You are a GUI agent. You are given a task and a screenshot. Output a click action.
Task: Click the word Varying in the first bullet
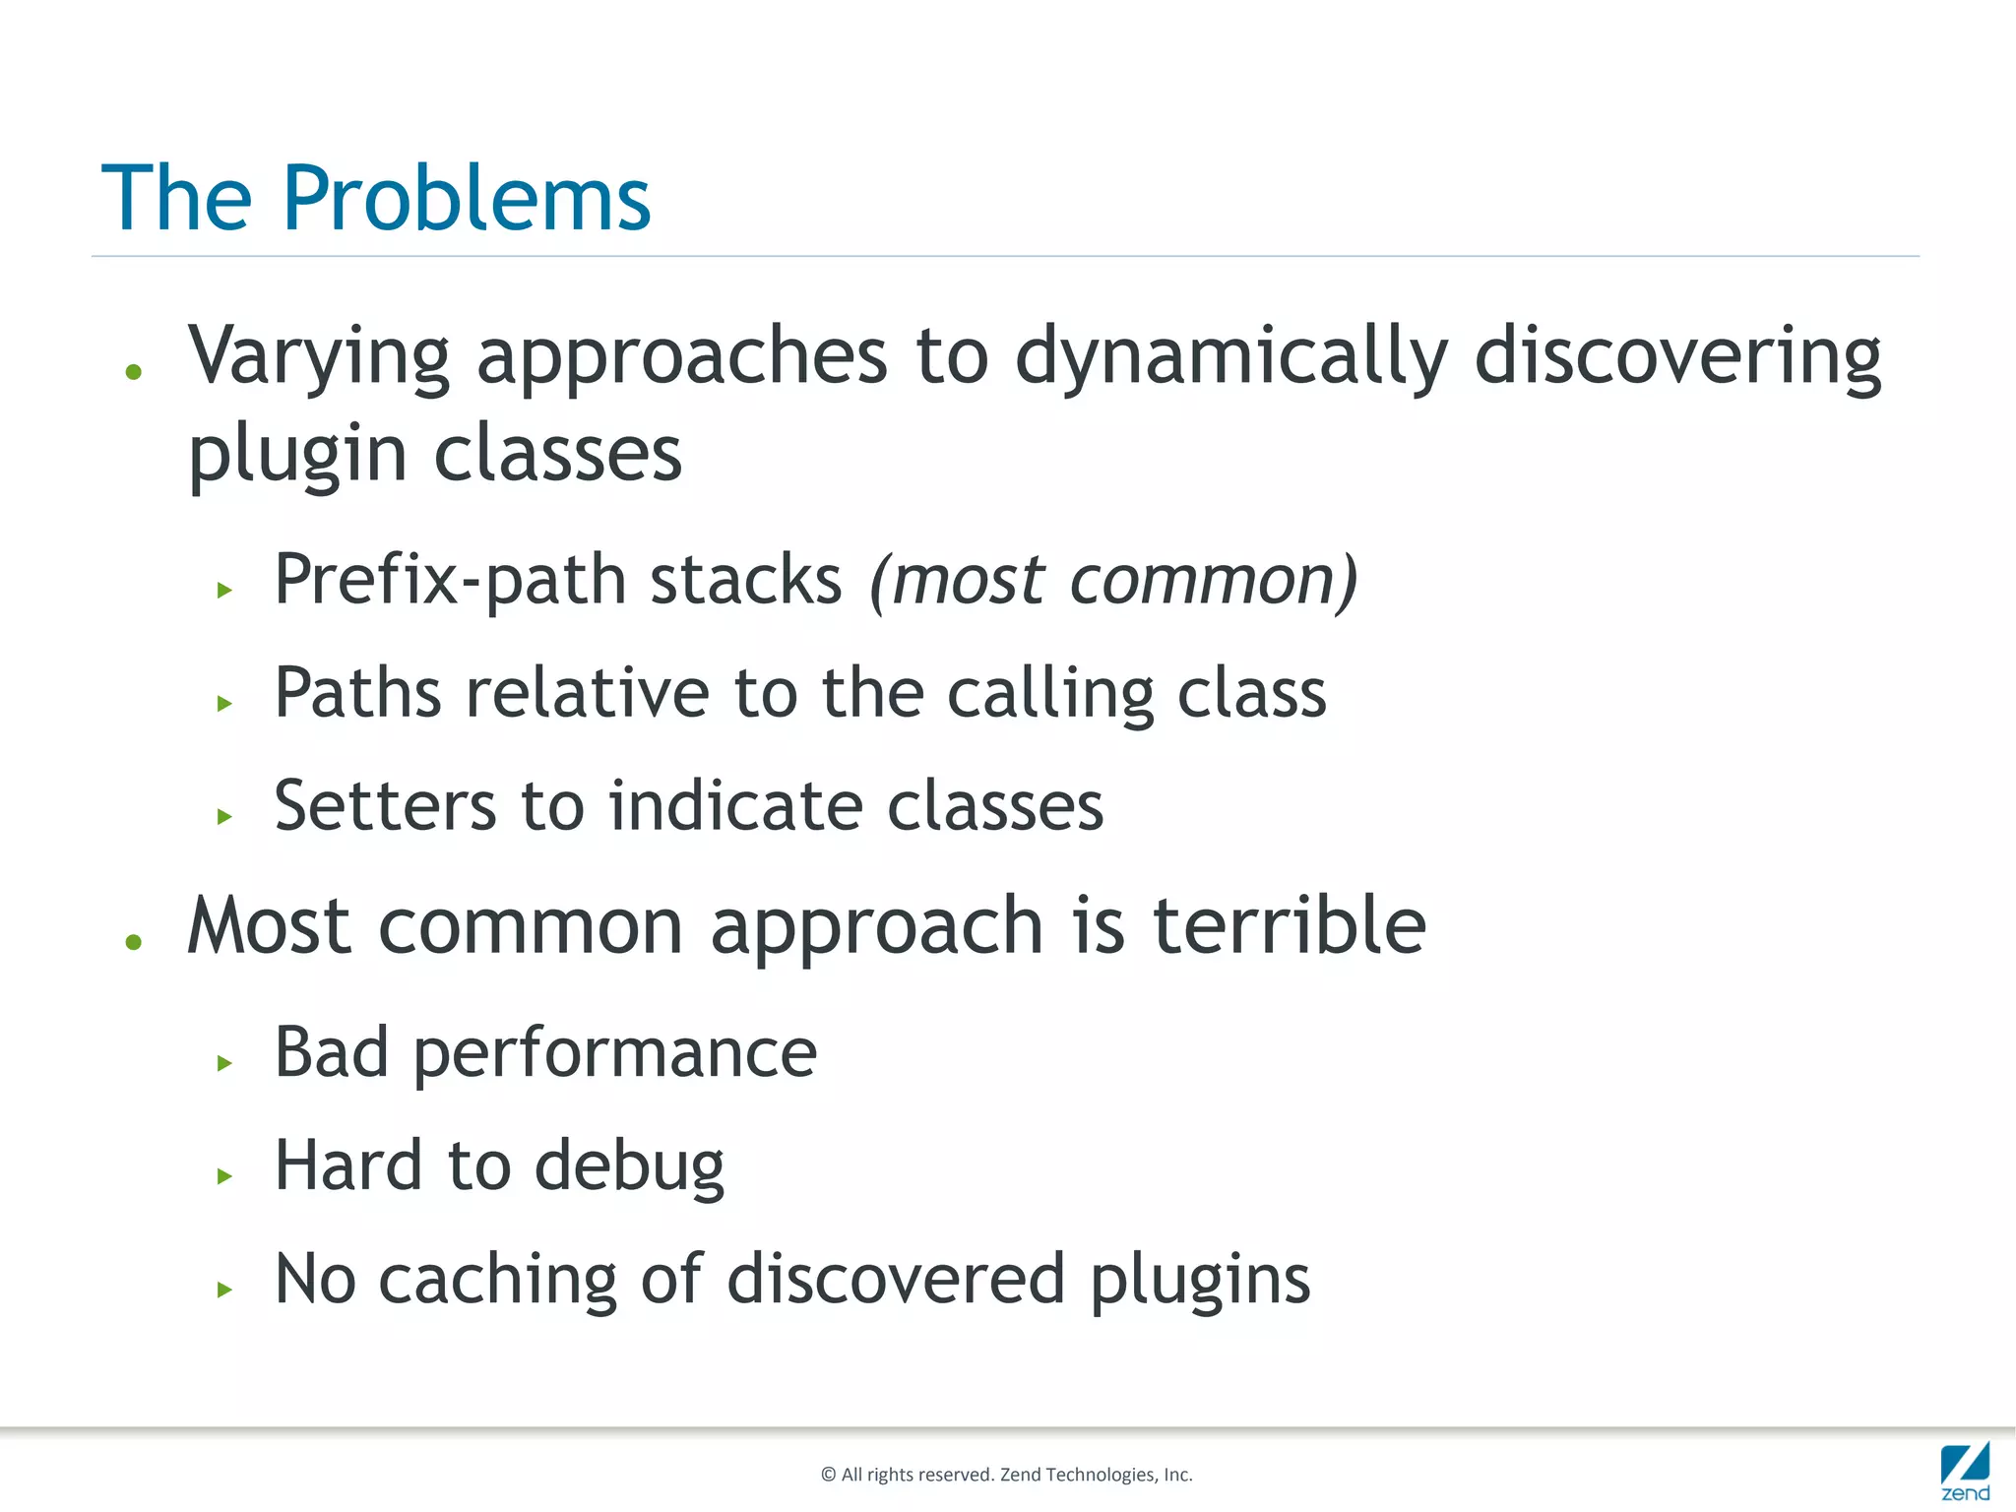pos(319,356)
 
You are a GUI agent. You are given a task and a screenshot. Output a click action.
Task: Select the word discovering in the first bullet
pos(1677,356)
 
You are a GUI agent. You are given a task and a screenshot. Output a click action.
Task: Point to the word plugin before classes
pos(297,457)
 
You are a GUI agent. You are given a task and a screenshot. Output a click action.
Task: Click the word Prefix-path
pos(449,581)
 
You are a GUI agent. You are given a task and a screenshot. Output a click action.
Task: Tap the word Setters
pos(384,806)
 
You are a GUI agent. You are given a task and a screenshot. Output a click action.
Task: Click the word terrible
pos(1289,926)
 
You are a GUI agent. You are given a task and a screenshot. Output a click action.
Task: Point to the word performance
pos(614,1054)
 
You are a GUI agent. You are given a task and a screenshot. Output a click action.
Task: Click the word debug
pos(628,1167)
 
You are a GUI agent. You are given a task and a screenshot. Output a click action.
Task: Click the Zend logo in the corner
pos(1965,1471)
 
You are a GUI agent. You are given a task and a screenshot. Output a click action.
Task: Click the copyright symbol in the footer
pos(828,1474)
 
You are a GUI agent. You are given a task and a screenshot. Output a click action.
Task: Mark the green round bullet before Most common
pos(134,942)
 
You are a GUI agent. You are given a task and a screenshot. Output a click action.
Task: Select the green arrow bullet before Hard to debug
pos(224,1175)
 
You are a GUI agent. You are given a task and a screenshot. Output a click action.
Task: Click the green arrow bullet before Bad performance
pos(224,1062)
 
